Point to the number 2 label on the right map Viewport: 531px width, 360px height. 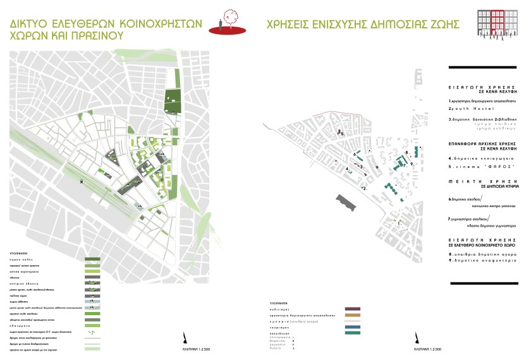coord(365,188)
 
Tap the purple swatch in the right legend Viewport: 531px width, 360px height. coord(352,309)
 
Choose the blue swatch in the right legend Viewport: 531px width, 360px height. coord(352,327)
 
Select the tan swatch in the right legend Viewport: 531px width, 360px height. coord(352,315)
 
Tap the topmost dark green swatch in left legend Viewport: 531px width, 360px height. coord(92,259)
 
